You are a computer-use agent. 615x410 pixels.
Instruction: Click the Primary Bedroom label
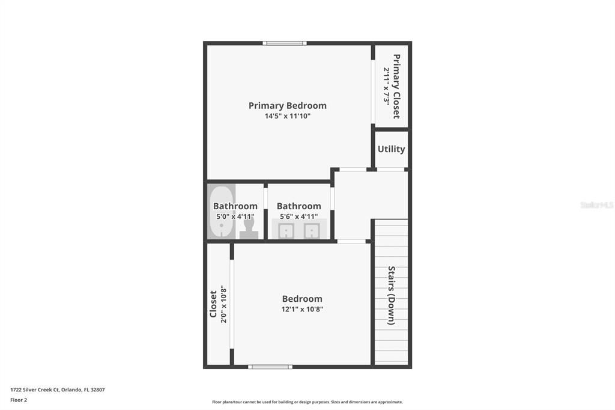tap(288, 106)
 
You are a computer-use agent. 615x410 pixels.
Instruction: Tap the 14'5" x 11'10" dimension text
tap(288, 116)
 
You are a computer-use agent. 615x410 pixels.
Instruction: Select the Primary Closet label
tap(396, 86)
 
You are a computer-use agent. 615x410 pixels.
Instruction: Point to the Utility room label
tap(391, 149)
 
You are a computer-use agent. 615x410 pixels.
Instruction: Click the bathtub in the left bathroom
tap(221, 210)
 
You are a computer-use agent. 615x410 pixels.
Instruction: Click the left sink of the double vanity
tap(286, 230)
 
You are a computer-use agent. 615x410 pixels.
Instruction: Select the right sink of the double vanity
tap(311, 230)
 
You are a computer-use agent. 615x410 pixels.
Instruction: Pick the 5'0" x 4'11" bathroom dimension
tap(235, 216)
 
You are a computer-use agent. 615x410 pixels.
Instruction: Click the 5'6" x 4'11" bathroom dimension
tap(298, 216)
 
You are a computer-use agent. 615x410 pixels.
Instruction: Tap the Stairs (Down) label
tap(391, 295)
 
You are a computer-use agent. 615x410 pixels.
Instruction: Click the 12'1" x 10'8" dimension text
tap(302, 309)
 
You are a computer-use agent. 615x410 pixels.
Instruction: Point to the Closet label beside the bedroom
tap(213, 304)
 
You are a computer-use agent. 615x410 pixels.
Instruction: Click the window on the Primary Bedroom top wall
tap(285, 43)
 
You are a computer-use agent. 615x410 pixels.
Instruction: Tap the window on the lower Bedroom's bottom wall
tap(270, 366)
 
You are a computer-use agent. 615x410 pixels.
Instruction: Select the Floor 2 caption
tap(19, 399)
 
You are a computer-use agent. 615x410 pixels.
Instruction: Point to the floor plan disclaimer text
tap(307, 402)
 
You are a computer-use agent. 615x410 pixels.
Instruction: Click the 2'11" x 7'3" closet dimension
tap(386, 86)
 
